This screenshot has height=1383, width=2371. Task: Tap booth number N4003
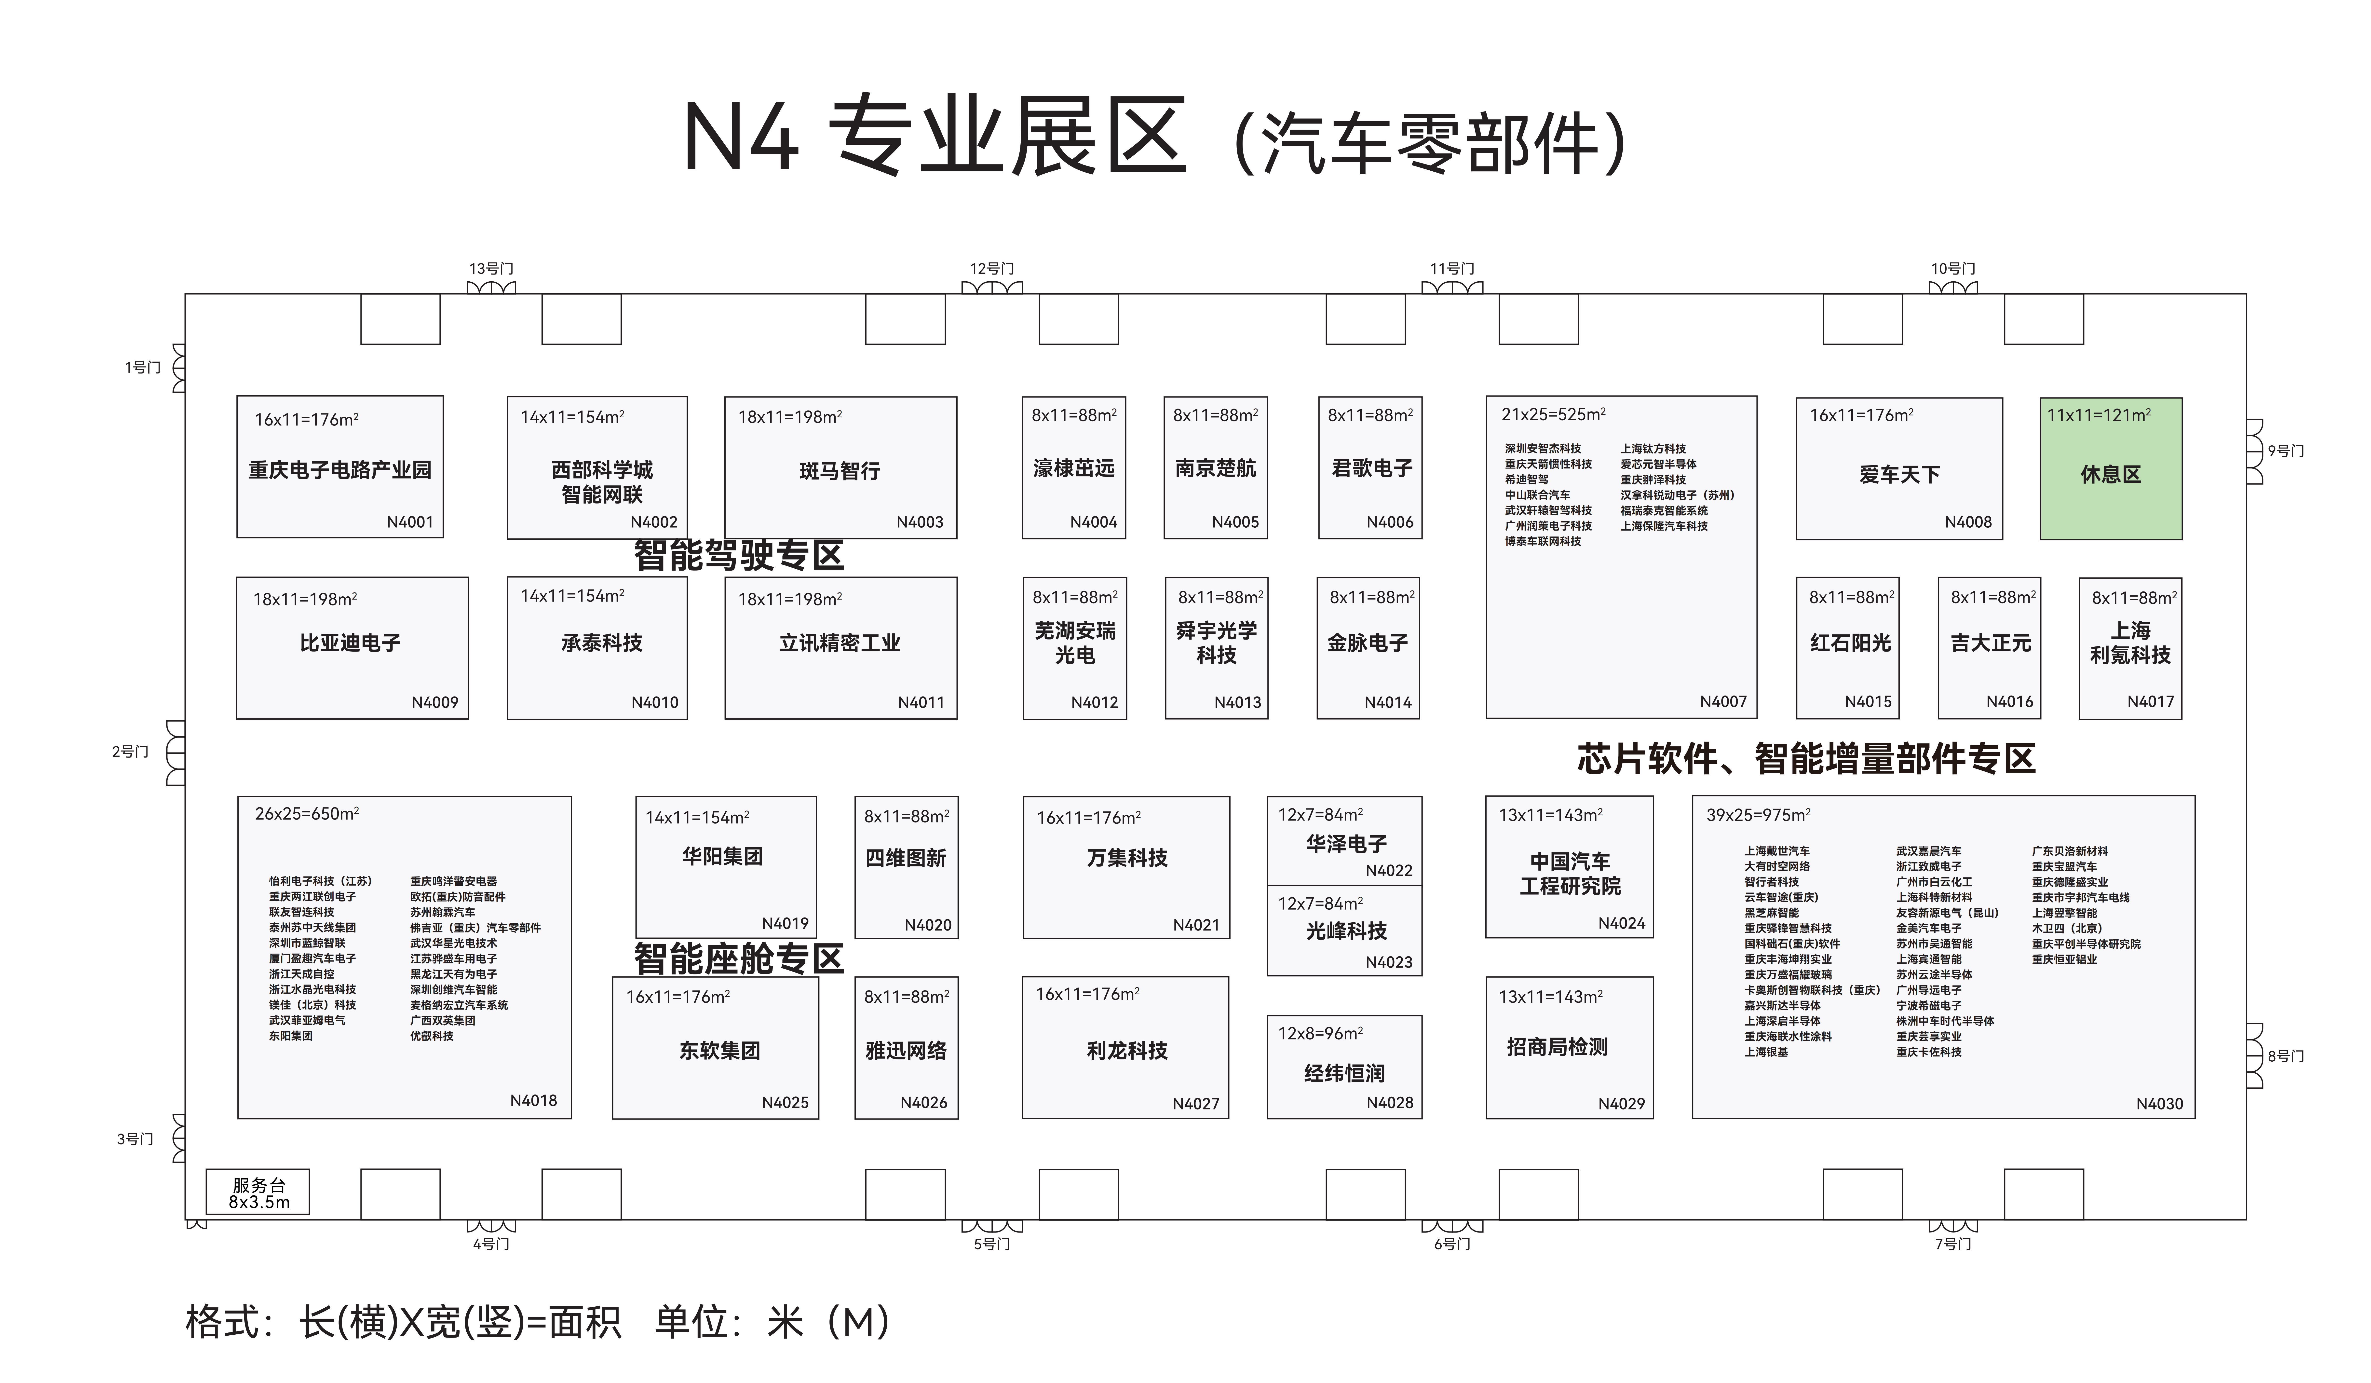[x=919, y=522]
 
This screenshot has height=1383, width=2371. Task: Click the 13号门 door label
[x=491, y=269]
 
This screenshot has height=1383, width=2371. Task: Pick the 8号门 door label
[x=2285, y=1056]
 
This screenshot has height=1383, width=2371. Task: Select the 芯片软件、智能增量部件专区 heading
[x=1806, y=758]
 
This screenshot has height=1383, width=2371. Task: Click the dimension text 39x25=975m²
[x=1759, y=815]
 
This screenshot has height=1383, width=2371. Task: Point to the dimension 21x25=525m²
[x=1553, y=414]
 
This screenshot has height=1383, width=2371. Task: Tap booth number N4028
[x=1390, y=1103]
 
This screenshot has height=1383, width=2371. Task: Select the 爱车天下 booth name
[x=1900, y=474]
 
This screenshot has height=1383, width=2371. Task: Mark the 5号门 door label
[x=992, y=1244]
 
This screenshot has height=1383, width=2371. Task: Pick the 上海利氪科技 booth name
[x=2130, y=643]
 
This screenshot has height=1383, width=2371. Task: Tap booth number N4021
[x=1196, y=925]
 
